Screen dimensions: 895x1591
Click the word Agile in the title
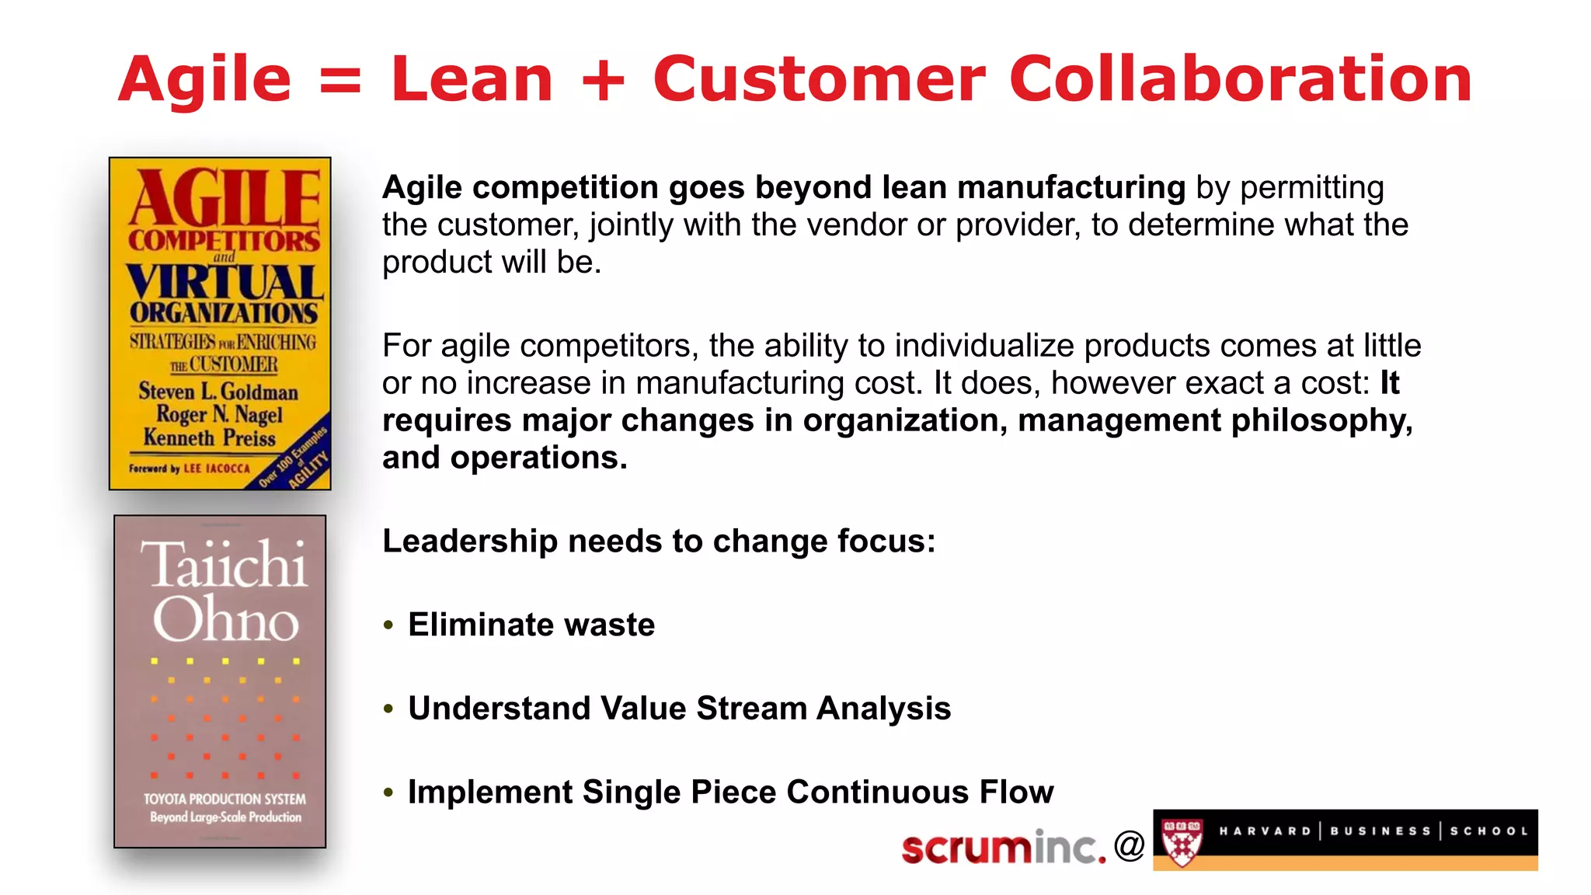coord(204,80)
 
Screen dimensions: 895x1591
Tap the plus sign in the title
coord(603,81)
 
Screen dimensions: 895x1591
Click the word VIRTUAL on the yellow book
coord(225,283)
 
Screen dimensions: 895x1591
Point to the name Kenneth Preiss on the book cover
coord(210,437)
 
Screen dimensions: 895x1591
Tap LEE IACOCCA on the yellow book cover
coord(217,468)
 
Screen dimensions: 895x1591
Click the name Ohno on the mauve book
coord(225,619)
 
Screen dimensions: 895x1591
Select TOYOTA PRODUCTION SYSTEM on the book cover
coord(225,799)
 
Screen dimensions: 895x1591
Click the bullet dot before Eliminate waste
coord(389,625)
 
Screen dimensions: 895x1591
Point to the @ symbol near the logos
coord(1129,845)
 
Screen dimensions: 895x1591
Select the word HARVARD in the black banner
coord(1265,831)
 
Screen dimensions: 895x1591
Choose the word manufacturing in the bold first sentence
coord(1071,187)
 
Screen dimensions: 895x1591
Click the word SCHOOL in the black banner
coord(1488,831)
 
